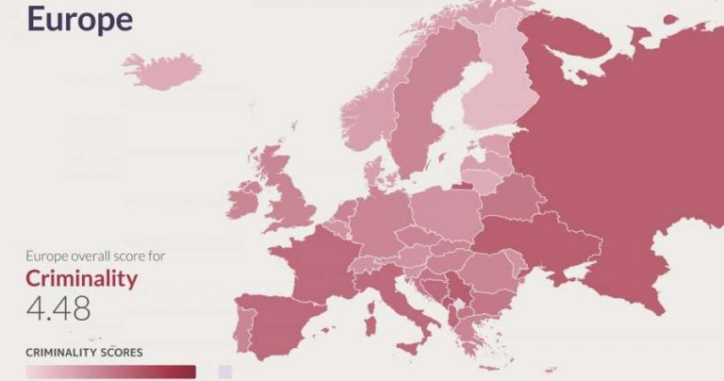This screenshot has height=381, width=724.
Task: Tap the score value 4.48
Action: [x=58, y=309]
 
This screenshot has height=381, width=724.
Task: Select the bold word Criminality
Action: [x=81, y=279]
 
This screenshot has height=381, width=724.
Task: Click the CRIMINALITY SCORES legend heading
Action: [x=84, y=352]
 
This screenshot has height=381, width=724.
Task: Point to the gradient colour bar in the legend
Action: [x=110, y=372]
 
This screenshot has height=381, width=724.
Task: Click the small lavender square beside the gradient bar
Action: [x=224, y=372]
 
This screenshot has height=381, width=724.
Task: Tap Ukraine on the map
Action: [x=537, y=241]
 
